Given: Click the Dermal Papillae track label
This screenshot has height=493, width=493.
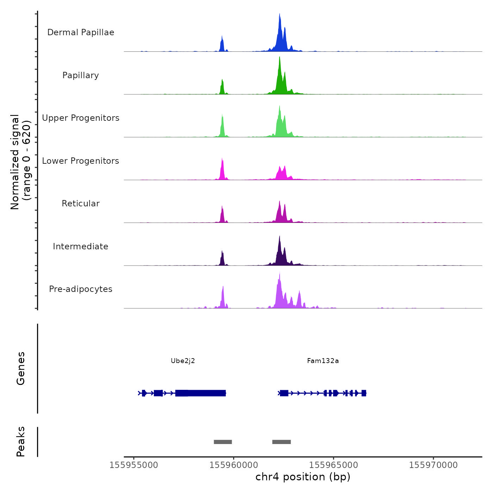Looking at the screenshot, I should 81,32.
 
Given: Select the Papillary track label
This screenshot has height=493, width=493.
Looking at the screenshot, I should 81,75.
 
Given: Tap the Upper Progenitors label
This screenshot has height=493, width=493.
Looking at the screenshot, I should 81,118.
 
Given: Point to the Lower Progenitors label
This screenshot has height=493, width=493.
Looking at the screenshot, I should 81,161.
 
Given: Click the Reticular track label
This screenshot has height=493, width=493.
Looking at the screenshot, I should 81,204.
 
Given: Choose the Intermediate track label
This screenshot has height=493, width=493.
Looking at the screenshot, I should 81,246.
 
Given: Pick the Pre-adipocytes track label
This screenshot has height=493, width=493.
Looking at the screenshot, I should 81,289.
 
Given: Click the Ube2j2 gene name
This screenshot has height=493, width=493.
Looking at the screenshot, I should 183,361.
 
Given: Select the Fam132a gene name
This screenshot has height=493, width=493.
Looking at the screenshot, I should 323,361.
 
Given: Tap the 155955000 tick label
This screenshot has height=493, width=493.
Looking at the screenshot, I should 134,465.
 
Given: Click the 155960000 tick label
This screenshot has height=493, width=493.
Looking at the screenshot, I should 233,465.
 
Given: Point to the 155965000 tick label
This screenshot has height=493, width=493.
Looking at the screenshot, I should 333,465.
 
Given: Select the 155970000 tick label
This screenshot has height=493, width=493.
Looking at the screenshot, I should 433,465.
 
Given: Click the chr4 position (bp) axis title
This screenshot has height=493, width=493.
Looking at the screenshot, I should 303,477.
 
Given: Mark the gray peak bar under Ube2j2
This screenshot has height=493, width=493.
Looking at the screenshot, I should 223,442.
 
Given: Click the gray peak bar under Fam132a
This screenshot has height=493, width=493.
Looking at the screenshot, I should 281,442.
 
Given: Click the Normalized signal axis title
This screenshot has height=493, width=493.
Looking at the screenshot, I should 20,162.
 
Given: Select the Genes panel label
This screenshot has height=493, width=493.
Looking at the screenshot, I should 21,368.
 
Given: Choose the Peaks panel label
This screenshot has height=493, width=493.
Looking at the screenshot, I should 21,442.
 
